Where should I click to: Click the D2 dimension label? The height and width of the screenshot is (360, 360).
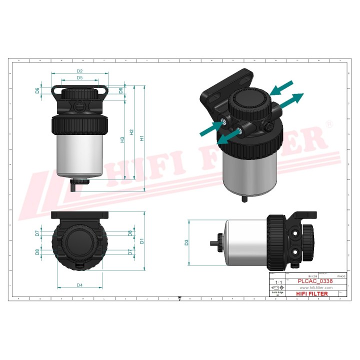79,71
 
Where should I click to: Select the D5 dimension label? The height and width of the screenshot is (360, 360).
79,78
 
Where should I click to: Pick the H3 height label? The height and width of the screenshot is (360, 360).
122,140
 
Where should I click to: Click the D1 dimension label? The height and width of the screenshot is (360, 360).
142,241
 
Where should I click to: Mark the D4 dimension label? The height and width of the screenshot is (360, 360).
79,285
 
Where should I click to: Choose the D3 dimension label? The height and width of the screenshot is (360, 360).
187,242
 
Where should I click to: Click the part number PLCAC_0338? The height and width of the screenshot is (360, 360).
314,281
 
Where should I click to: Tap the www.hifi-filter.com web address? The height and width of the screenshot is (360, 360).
315,287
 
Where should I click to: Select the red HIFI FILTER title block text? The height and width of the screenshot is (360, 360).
312,293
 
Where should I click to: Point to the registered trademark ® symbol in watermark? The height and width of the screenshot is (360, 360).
328,123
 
